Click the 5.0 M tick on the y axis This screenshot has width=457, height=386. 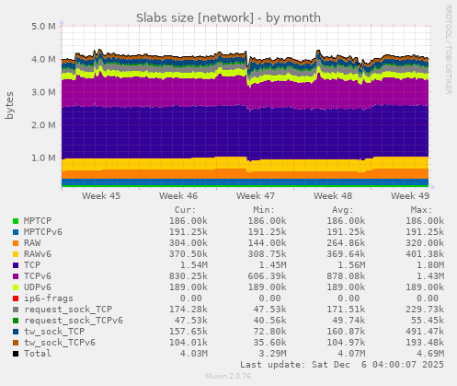[x=44, y=26]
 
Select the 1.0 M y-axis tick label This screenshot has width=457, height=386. [x=44, y=158]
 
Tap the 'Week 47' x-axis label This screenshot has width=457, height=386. [x=255, y=196]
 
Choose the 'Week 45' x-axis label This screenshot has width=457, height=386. [x=100, y=196]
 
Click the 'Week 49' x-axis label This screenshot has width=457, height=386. [x=410, y=196]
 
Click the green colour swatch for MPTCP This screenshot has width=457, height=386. [x=16, y=221]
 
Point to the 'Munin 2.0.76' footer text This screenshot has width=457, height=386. [x=229, y=377]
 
